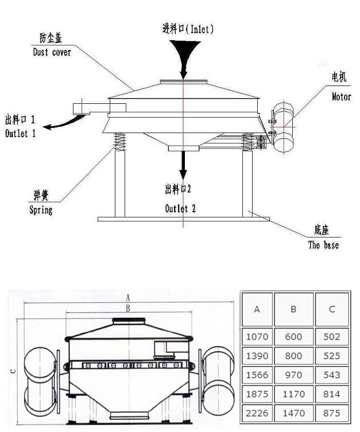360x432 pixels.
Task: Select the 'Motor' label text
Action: [341, 97]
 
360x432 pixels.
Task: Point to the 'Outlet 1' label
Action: [21, 134]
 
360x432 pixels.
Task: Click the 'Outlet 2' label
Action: [180, 209]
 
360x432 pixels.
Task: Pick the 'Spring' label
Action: [41, 210]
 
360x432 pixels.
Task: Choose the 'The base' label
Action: [323, 245]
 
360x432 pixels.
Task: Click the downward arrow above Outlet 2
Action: [183, 165]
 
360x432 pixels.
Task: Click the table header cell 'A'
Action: [257, 309]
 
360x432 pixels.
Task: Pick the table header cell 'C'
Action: [332, 309]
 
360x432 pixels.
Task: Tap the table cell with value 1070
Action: [257, 337]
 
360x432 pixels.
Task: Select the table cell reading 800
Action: [293, 356]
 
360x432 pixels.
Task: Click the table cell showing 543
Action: [332, 375]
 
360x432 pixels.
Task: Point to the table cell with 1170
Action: [293, 394]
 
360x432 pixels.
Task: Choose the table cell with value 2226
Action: [257, 412]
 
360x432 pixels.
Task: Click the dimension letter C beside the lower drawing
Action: [13, 371]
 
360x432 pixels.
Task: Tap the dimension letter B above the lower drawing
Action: [129, 308]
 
